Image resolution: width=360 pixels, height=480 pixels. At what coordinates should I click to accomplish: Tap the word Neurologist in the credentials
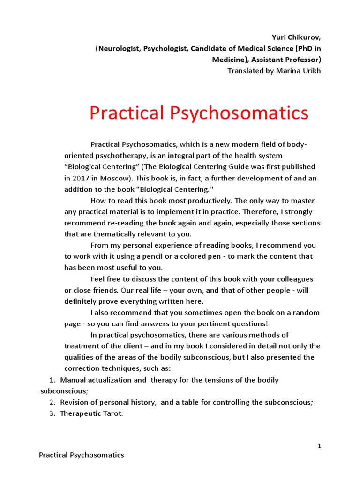pos(119,49)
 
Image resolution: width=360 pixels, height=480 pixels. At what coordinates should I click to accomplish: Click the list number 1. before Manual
pos(52,380)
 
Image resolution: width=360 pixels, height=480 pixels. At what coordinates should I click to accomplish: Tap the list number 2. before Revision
pos(52,402)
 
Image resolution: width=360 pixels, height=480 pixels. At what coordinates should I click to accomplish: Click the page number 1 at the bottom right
pos(319,446)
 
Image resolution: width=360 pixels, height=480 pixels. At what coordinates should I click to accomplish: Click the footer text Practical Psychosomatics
pos(82,455)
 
